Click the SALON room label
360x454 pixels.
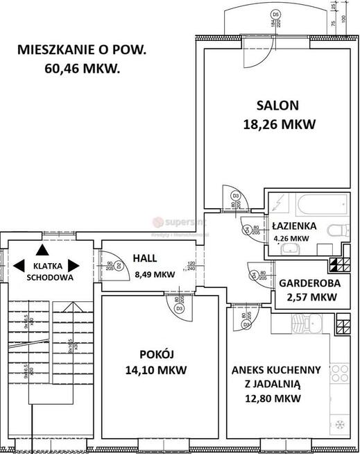pyautogui.click(x=277, y=106)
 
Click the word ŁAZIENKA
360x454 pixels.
pyautogui.click(x=294, y=226)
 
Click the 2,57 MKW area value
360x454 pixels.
pyautogui.click(x=308, y=297)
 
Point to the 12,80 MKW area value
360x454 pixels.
pyautogui.click(x=276, y=398)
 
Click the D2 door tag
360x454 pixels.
pyautogui.click(x=118, y=264)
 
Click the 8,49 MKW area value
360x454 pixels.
pyautogui.click(x=155, y=274)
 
